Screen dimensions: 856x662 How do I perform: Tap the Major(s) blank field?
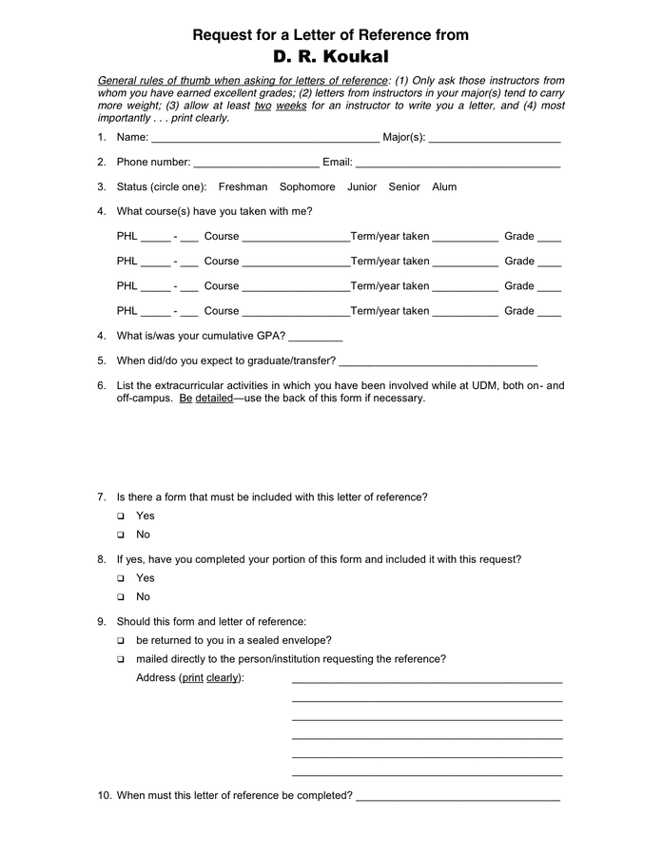click(x=494, y=139)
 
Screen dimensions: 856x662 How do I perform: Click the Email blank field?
click(x=458, y=164)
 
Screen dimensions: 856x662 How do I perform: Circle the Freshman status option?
click(x=243, y=187)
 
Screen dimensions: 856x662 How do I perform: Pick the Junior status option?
click(x=361, y=187)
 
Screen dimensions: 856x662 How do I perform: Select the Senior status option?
click(x=404, y=187)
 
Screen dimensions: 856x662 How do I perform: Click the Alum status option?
click(x=444, y=187)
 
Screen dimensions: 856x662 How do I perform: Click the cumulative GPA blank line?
click(x=315, y=338)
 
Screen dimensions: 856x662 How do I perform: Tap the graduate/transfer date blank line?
click(x=438, y=362)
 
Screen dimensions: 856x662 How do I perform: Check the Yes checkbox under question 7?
click(x=121, y=516)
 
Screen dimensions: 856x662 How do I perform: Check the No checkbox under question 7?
click(x=121, y=535)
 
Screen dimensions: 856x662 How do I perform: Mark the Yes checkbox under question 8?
click(x=121, y=579)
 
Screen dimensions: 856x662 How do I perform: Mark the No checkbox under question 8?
click(x=121, y=597)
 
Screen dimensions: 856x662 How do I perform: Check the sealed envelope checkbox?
click(x=121, y=641)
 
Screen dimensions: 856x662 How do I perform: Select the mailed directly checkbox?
click(x=121, y=660)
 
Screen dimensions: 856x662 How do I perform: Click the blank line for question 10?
click(x=458, y=798)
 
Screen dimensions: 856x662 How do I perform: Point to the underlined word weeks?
click(x=291, y=106)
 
